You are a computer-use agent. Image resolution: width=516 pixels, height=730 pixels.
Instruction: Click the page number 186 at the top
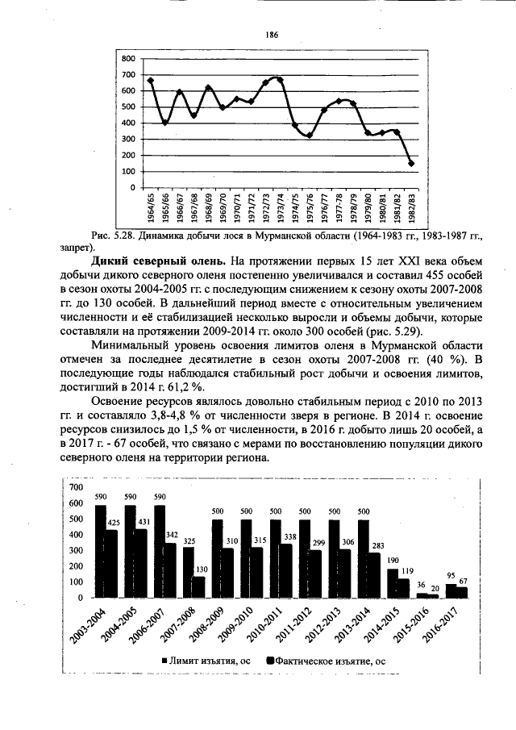(x=272, y=35)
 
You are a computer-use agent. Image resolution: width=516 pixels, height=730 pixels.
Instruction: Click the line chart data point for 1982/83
(x=411, y=163)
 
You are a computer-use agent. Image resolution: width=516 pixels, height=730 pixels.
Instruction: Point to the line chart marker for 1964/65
(x=151, y=81)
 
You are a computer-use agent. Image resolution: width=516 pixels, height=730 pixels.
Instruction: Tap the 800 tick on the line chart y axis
(x=126, y=59)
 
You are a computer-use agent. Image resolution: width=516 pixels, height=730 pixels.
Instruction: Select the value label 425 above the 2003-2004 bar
(x=114, y=523)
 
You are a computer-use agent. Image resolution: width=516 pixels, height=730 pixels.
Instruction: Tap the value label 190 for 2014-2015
(x=393, y=560)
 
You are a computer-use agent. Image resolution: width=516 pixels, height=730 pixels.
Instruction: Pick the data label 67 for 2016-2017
(x=463, y=580)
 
